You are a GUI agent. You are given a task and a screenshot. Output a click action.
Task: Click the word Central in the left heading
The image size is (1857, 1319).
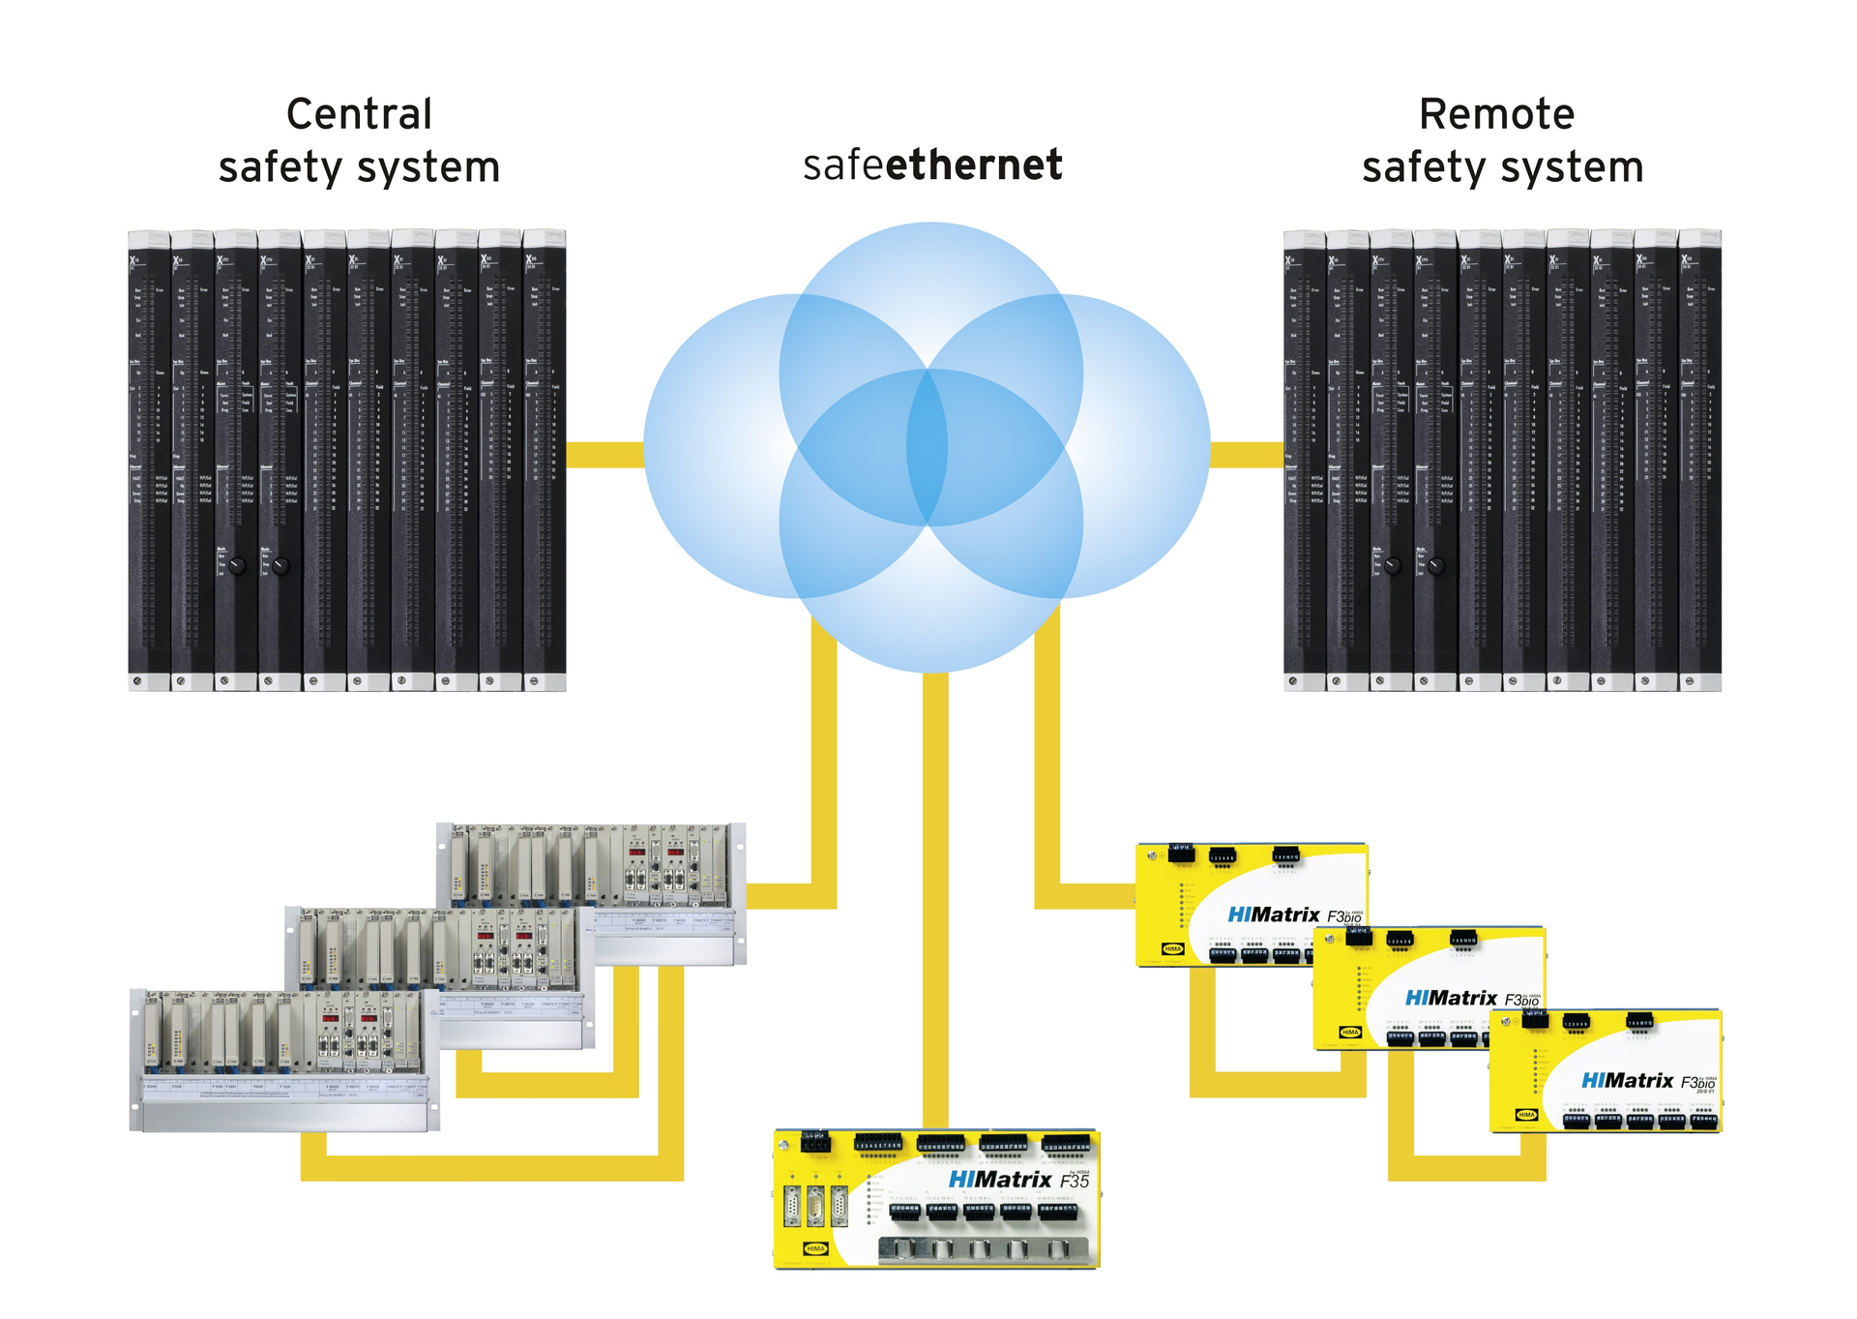[359, 114]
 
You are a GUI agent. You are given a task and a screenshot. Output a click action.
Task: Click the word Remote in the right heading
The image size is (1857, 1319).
[1495, 114]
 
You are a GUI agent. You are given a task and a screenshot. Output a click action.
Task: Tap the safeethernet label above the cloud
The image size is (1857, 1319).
[932, 165]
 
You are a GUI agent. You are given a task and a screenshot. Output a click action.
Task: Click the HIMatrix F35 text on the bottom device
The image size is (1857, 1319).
[1017, 1180]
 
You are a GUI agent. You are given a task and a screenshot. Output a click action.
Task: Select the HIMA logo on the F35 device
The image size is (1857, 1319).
[815, 1248]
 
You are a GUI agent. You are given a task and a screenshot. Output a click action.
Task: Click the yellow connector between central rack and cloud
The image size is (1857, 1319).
[604, 454]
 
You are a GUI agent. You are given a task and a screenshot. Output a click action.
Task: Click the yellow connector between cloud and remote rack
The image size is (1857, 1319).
[1246, 454]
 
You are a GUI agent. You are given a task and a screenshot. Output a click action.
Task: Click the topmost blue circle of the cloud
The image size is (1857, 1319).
[930, 290]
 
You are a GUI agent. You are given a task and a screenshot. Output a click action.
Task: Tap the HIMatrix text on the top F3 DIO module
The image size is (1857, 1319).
[1273, 914]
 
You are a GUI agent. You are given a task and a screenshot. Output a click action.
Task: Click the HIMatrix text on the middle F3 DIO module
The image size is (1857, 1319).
[1450, 998]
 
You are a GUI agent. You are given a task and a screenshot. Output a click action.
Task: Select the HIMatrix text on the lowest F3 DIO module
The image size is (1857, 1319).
[1627, 1081]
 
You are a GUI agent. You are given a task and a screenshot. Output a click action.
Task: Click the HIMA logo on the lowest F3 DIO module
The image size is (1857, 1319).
[1526, 1115]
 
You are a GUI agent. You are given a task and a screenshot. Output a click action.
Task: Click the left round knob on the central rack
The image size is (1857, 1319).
[238, 567]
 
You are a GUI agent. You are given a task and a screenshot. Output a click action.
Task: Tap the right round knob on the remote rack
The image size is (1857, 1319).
[1436, 567]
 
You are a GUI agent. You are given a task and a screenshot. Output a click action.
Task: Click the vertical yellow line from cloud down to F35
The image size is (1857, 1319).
[934, 900]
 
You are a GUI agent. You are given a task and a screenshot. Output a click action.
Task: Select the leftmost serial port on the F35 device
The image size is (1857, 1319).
[793, 1209]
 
